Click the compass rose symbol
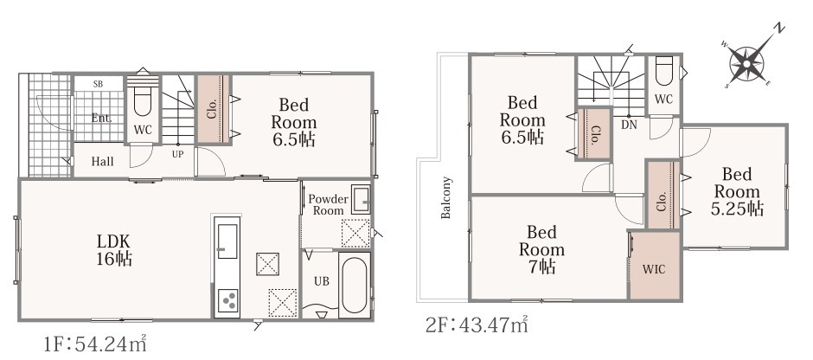tap(746, 63)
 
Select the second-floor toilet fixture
tap(664, 70)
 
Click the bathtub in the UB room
tap(355, 285)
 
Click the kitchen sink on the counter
tap(227, 241)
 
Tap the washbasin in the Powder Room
tap(361, 199)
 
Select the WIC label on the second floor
tap(654, 270)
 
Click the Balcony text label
tap(445, 197)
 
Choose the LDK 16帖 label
tap(114, 249)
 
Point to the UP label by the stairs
tap(178, 154)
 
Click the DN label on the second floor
tap(629, 125)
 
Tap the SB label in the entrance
tap(98, 84)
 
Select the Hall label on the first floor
tap(103, 161)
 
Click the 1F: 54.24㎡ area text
tap(95, 344)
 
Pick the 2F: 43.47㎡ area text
tap(477, 325)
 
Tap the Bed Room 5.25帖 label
tap(737, 191)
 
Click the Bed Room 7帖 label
tap(541, 249)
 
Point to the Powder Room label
tap(328, 204)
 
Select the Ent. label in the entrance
tap(102, 118)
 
